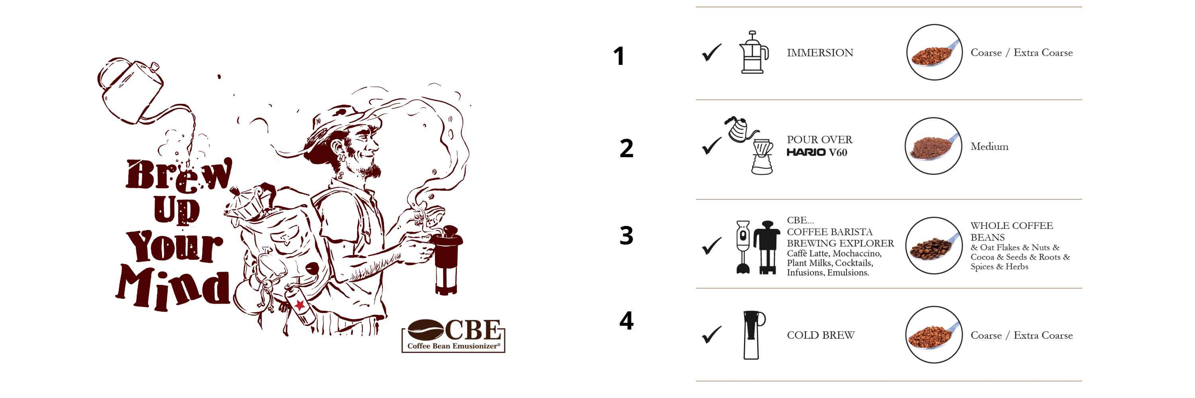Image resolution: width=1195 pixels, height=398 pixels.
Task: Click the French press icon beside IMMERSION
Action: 753,53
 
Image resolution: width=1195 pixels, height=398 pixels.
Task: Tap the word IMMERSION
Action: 820,53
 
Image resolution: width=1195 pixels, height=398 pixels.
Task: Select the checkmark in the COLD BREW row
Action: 711,335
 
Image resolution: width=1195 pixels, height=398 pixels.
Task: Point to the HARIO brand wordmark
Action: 806,152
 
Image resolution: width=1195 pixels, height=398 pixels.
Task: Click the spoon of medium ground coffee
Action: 933,146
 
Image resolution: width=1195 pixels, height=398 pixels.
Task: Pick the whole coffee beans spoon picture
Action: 933,246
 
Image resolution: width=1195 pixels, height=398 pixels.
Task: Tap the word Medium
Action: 989,146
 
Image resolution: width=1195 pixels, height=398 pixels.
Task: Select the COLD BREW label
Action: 821,335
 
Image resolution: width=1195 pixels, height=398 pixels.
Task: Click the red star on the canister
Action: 300,305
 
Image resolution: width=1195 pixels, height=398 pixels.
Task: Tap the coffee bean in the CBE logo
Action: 425,330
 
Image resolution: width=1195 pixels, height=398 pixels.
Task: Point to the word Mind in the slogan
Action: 173,287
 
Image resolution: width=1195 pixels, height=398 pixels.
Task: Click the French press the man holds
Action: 447,259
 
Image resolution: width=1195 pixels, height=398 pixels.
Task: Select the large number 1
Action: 619,56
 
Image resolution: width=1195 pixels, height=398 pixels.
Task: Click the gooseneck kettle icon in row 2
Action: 741,129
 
